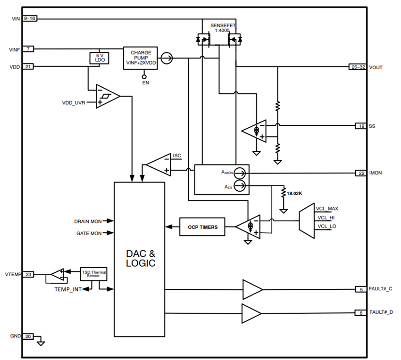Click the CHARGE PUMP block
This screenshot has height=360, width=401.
coord(141,58)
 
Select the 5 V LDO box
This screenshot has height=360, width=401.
coord(99,58)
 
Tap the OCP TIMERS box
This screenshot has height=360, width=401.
coord(202,227)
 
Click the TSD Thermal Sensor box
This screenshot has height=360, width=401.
coord(94,274)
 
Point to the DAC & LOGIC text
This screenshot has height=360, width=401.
coord(140,258)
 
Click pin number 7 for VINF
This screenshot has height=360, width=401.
coord(29,49)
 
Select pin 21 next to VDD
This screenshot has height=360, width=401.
coord(29,67)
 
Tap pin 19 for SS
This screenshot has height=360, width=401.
coord(361,126)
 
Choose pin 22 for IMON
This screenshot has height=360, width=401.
coord(361,173)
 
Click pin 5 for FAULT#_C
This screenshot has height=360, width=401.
coord(361,289)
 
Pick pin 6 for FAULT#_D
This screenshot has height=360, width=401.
coord(361,313)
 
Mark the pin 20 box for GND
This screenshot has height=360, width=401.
coord(29,336)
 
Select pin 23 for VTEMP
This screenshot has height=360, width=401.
coord(29,274)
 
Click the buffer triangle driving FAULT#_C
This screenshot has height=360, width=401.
coord(252,289)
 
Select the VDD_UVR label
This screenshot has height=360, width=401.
coord(74,103)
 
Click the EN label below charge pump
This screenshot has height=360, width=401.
coord(145,82)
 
